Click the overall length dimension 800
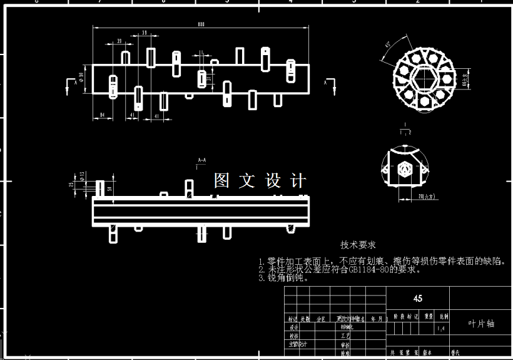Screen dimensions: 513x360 point(201,24)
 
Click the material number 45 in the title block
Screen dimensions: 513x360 point(417,298)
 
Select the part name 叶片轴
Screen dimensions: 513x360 point(481,324)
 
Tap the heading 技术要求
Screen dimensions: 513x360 point(358,245)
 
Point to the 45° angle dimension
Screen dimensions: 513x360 point(389,46)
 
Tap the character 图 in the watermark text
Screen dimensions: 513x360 point(223,181)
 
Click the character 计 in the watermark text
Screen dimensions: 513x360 point(299,181)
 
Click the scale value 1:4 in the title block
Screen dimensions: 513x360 point(442,328)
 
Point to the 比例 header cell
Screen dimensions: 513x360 point(443,317)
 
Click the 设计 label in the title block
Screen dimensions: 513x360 point(293,327)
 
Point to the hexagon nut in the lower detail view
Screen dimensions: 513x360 point(404,168)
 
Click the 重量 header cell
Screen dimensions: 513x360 point(428,317)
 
